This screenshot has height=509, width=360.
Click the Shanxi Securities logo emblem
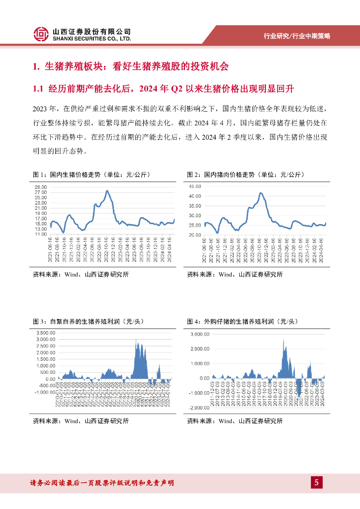pos(41,34)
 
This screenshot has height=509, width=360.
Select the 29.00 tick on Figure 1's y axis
pos(41,186)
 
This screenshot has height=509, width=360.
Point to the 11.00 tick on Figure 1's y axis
pos(41,234)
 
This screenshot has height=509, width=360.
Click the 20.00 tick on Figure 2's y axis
pos(195,234)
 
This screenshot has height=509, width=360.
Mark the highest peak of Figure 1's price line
pos(107,191)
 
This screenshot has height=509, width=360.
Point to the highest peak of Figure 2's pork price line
pos(261,193)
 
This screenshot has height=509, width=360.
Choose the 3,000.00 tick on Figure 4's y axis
pos(200,334)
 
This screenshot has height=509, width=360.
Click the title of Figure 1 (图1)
pos(90,175)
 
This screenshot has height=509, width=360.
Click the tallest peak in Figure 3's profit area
pos(136,339)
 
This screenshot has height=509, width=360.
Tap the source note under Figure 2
pos(235,274)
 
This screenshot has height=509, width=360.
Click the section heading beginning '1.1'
pos(164,89)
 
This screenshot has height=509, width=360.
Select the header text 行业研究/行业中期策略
pos(297,36)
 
